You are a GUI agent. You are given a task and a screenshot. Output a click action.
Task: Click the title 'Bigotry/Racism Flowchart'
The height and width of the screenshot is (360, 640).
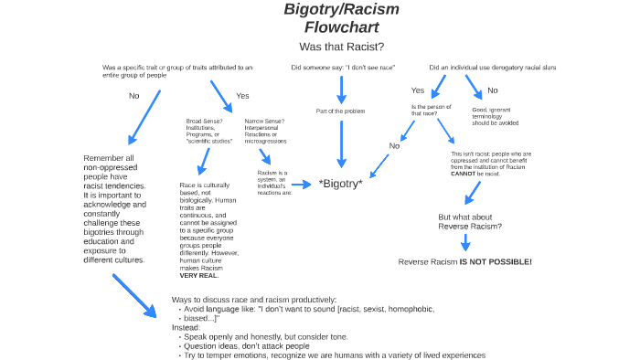341,18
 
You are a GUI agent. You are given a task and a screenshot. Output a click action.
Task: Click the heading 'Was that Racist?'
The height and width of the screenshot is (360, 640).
341,47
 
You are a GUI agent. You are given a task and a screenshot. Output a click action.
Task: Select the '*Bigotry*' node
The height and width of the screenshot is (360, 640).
341,184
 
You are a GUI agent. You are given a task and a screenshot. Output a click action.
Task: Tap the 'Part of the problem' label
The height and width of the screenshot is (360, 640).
341,111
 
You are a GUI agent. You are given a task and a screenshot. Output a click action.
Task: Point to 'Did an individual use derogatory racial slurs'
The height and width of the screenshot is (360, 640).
493,68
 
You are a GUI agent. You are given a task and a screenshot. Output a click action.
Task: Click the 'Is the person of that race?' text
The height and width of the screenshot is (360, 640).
424,111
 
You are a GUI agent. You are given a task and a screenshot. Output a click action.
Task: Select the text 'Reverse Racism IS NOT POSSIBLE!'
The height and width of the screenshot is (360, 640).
464,262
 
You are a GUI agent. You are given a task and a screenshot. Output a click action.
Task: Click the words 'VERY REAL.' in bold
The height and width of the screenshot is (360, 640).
199,275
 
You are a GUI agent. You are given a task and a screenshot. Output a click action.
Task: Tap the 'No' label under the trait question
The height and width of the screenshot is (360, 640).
133,95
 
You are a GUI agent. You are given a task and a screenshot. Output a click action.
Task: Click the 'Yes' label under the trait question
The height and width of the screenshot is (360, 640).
242,96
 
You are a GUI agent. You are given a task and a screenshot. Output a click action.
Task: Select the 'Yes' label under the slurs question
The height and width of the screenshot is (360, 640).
418,90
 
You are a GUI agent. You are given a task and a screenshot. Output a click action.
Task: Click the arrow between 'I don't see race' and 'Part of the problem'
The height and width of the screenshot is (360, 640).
341,89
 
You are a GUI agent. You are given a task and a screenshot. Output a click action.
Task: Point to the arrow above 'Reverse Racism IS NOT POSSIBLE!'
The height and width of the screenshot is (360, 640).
465,243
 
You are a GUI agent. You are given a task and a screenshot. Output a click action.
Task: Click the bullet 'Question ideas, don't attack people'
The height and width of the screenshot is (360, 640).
245,346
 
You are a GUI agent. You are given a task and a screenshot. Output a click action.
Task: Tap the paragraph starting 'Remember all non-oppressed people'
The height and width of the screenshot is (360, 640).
114,209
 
